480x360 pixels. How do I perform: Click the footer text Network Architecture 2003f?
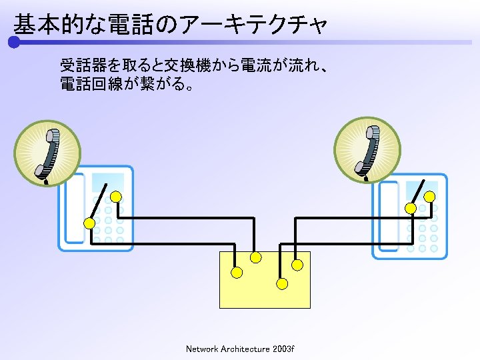pos(240,349)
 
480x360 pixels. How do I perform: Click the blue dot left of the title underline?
pos(14,43)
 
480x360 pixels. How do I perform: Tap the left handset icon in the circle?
pos(48,153)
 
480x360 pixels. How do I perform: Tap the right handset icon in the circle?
pos(367,151)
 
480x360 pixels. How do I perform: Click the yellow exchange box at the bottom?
pos(265,293)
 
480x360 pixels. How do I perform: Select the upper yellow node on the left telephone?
pos(116,197)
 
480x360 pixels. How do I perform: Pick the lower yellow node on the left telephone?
pos(89,223)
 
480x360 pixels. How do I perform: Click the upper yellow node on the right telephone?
pos(430,196)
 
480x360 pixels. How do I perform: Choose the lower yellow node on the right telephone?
pos(411,209)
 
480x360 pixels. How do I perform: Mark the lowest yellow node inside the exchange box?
pos(282,284)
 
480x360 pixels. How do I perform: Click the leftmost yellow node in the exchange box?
pos(237,272)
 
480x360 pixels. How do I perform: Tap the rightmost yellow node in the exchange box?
pos(297,265)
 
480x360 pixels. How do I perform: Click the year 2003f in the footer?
pos(284,349)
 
